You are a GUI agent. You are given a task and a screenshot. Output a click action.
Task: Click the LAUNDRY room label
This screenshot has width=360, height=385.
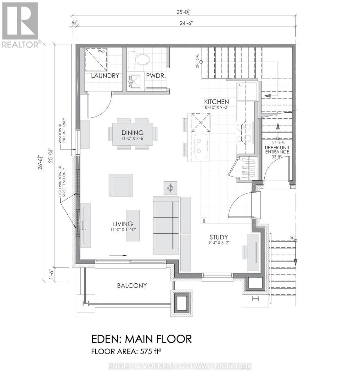click(x=105, y=76)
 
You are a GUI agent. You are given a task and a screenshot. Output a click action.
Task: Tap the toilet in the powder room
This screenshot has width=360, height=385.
click(x=139, y=60)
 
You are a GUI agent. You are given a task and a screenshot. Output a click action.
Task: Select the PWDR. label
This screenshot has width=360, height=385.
click(x=156, y=76)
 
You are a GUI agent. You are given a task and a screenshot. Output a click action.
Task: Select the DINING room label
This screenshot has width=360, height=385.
click(x=132, y=133)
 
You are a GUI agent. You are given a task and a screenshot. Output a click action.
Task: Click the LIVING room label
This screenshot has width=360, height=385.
click(x=123, y=224)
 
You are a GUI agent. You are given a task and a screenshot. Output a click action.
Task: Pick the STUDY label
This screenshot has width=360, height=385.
click(x=219, y=237)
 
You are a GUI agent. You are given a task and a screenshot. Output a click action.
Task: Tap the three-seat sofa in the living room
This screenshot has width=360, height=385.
click(x=166, y=225)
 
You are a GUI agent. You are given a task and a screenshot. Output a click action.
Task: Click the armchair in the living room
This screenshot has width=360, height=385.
click(x=121, y=185)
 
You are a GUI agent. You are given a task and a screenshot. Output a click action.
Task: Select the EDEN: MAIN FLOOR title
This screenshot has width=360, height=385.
click(x=141, y=338)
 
